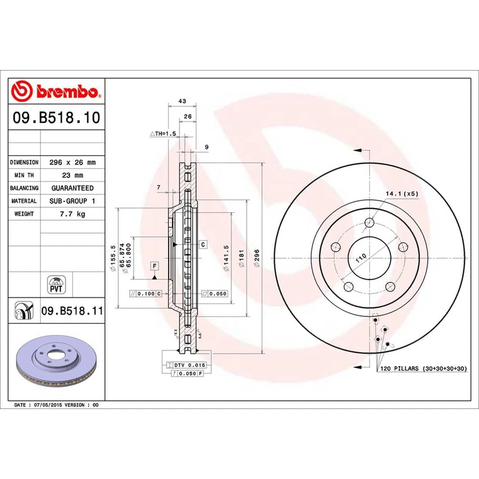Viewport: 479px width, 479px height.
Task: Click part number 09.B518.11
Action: point(72,311)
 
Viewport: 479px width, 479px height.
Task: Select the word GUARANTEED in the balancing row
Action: point(72,188)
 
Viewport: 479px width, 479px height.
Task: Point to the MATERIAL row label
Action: point(24,201)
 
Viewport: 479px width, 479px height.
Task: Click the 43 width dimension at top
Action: point(182,101)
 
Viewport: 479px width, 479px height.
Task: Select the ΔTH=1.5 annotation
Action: point(164,134)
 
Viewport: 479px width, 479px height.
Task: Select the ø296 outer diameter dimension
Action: point(257,258)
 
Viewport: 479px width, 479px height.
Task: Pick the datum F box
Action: point(155,265)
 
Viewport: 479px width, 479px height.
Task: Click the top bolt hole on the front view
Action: point(369,223)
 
